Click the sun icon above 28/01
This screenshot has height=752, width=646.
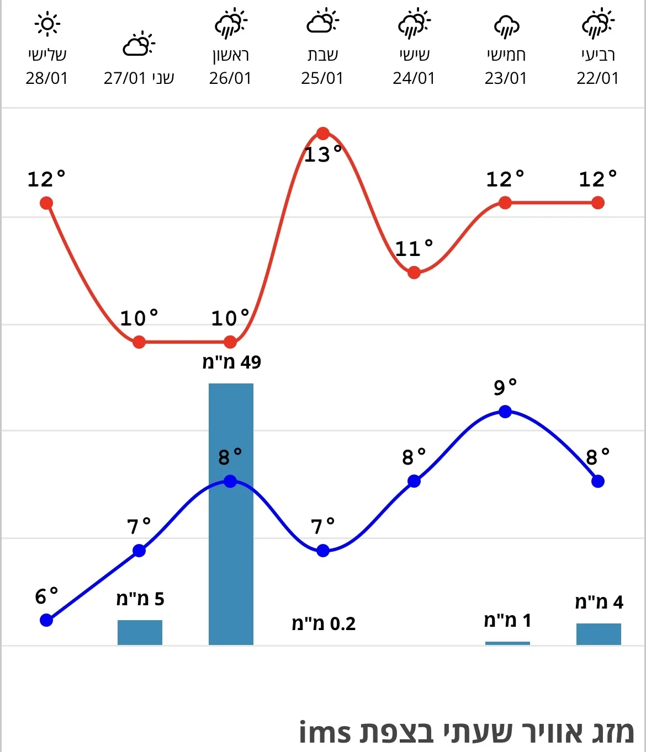coord(47,24)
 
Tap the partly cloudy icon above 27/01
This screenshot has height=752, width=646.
coord(139,45)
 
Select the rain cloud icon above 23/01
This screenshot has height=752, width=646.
coord(506,26)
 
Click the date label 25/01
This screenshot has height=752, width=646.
coord(322,78)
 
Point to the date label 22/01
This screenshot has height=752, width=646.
coord(597,78)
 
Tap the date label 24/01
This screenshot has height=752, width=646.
coord(414,78)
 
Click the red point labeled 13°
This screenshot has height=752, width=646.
coord(323,134)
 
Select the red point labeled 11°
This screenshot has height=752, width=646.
coord(414,272)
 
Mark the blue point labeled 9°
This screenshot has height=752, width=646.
coord(505,412)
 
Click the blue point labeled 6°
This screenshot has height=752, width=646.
coord(46,620)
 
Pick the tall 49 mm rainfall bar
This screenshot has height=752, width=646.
coord(231,513)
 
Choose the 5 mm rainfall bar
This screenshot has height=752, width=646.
coord(140,632)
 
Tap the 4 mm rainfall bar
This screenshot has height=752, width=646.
coord(599,634)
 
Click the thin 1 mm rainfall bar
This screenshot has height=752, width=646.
coord(507,643)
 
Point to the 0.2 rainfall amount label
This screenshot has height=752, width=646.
coord(324,624)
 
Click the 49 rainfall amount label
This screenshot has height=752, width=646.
coord(231,362)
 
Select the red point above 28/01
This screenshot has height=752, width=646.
coord(46,203)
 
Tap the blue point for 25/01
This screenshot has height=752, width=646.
coord(323,551)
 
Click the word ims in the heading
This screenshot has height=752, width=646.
coord(325,733)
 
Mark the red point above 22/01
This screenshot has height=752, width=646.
coord(598,203)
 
